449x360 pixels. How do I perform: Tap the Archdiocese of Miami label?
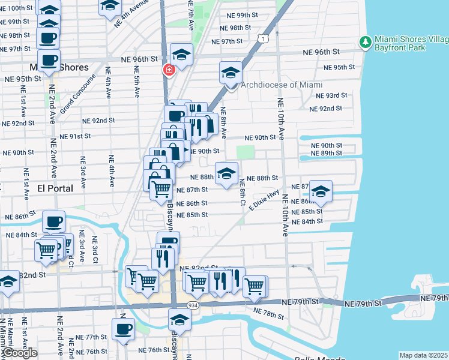(282, 85)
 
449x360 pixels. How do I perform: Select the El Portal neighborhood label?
(55, 188)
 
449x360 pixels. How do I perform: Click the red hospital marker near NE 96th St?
(169, 70)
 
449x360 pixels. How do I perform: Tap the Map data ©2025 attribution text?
(423, 355)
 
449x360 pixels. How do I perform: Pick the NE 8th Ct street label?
(243, 192)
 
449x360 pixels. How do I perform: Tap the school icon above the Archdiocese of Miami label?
(230, 73)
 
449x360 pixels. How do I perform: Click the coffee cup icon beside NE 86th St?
(53, 222)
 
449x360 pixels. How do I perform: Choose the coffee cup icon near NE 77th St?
(123, 329)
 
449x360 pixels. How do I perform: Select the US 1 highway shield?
(262, 38)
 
